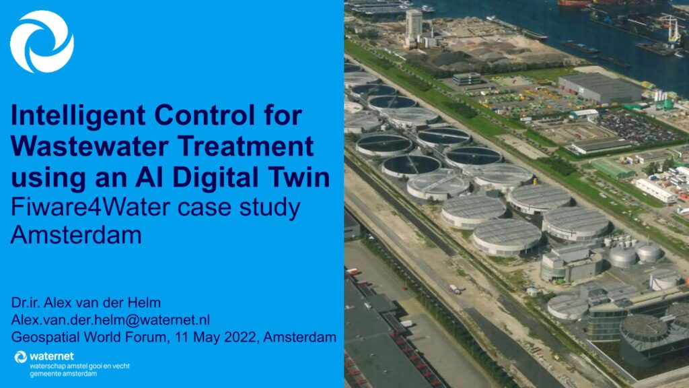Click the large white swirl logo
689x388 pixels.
[42, 41]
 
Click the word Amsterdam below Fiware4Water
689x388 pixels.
[76, 235]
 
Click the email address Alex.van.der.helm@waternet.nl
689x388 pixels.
[110, 320]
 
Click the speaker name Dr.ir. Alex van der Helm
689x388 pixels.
[85, 302]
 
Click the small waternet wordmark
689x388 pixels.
[51, 356]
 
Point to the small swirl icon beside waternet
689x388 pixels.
[21, 357]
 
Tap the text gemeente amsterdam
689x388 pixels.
[63, 374]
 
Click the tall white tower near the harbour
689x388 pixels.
[414, 27]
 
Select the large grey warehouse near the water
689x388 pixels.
[600, 88]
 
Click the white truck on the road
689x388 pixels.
[455, 289]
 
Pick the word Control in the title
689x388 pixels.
[205, 115]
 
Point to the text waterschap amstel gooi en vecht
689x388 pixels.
[79, 366]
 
